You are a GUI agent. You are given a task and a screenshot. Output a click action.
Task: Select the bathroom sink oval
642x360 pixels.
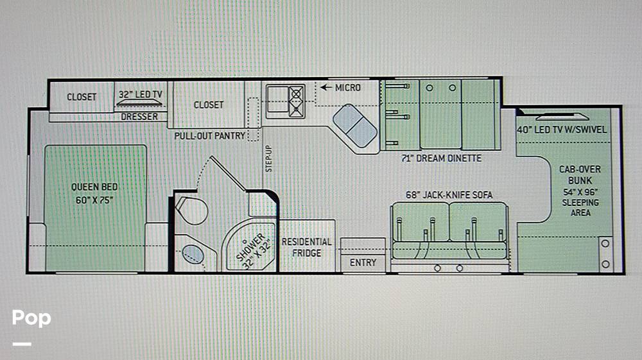(x=193, y=255)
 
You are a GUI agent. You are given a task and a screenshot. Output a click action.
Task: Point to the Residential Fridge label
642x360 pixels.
(x=307, y=248)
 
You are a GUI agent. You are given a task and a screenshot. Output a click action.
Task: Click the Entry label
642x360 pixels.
(x=363, y=262)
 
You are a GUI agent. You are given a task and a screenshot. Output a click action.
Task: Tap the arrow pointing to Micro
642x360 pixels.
(x=326, y=87)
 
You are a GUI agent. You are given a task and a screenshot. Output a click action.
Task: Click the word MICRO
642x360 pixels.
(x=348, y=87)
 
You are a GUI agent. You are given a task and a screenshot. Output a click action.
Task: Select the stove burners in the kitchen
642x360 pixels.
(x=296, y=100)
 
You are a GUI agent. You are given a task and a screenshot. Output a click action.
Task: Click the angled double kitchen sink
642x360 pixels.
(x=355, y=126)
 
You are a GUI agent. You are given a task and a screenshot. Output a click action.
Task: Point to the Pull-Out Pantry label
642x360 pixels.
(x=210, y=136)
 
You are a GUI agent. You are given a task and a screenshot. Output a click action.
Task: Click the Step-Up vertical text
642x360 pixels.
(x=268, y=159)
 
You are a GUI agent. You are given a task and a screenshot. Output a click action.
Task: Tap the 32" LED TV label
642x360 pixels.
(x=141, y=94)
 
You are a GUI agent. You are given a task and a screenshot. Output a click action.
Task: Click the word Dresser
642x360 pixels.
(x=139, y=117)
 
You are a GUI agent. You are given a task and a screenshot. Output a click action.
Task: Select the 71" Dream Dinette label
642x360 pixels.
(x=442, y=159)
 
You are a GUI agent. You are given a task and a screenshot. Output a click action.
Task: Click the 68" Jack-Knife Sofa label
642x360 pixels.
(x=449, y=194)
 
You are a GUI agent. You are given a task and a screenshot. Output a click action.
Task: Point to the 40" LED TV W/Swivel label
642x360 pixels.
(x=562, y=130)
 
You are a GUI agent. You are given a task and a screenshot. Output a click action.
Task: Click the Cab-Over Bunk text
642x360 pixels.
(x=580, y=175)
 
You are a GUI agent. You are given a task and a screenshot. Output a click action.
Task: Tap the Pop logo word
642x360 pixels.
(x=31, y=318)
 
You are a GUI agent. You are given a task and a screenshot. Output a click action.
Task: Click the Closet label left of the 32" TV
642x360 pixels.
(x=82, y=97)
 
